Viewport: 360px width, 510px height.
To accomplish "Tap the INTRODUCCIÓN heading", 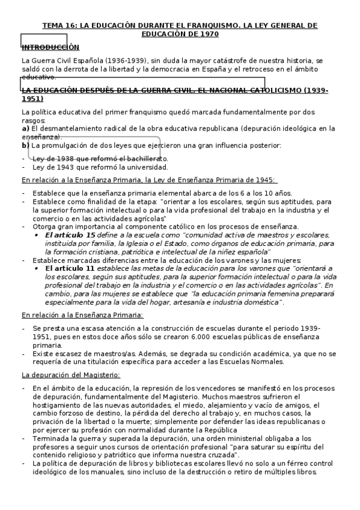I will (x=50, y=47).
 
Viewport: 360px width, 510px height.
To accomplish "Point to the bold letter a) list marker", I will (x=25, y=128).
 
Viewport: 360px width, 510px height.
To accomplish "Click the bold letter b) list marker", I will (x=25, y=145).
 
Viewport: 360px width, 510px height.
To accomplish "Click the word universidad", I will (x=147, y=167).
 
